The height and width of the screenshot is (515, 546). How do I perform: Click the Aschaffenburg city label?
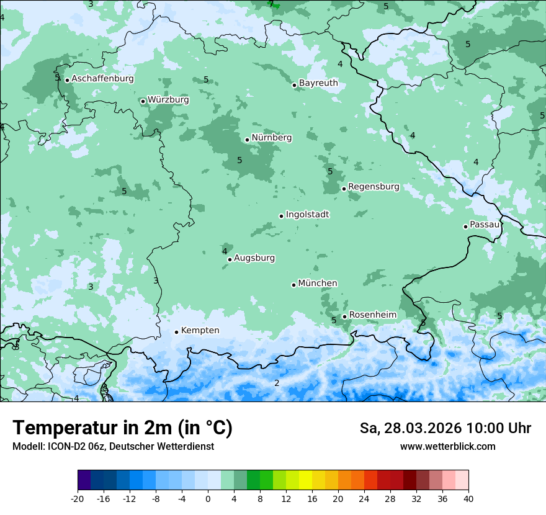102,79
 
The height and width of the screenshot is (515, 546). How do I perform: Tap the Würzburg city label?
168,100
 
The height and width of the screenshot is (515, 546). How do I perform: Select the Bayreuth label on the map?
318,83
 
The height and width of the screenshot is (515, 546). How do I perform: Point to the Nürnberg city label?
271,138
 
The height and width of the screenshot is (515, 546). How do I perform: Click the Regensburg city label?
374,187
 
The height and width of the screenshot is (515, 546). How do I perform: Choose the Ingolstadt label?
307,215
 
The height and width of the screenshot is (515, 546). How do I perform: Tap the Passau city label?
485,225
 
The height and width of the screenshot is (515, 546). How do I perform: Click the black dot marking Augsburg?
230,259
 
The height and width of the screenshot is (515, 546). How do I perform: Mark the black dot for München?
293,285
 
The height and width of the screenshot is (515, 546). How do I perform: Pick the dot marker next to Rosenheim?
344,316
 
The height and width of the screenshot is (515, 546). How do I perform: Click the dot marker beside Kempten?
176,332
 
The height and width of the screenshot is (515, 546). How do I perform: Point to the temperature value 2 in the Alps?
277,383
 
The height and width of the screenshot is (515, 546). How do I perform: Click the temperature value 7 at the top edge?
271,4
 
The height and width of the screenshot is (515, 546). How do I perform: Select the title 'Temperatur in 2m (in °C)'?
122,428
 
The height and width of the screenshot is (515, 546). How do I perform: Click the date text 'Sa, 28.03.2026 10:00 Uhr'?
445,429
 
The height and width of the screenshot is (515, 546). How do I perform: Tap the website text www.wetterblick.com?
447,447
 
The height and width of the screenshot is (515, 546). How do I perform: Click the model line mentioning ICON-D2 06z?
113,447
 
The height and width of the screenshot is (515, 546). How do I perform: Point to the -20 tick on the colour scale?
78,499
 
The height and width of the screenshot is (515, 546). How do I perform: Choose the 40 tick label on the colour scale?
468,499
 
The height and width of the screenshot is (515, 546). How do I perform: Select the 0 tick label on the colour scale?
208,499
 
